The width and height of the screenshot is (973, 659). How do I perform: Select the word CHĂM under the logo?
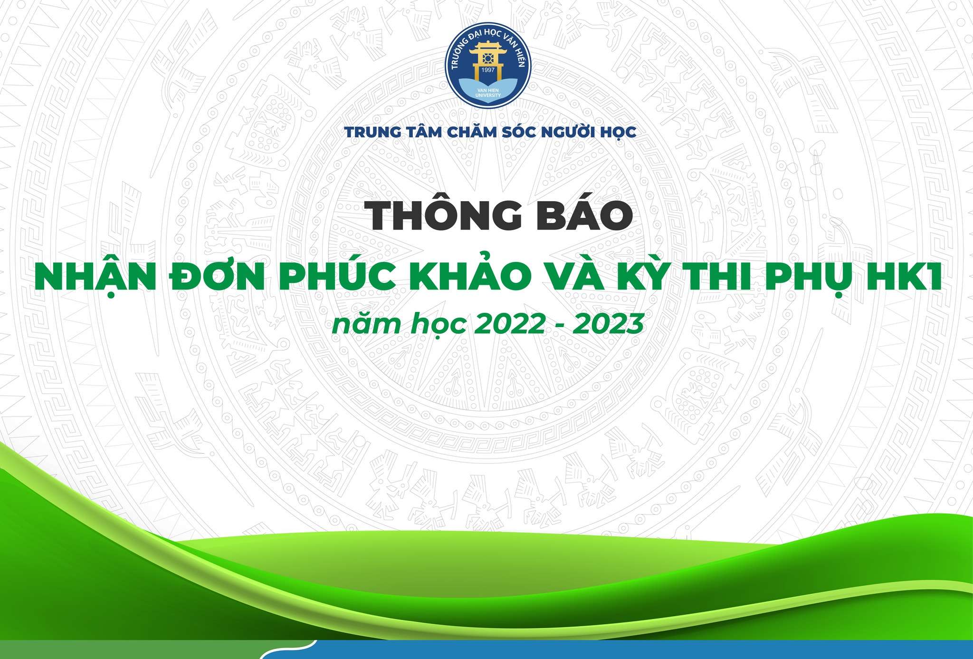coord(478,132)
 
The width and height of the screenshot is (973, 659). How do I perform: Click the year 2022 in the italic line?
coord(509,324)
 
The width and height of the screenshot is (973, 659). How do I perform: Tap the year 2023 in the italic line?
coord(608,324)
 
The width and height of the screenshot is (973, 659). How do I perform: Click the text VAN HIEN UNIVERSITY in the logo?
coord(488,93)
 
